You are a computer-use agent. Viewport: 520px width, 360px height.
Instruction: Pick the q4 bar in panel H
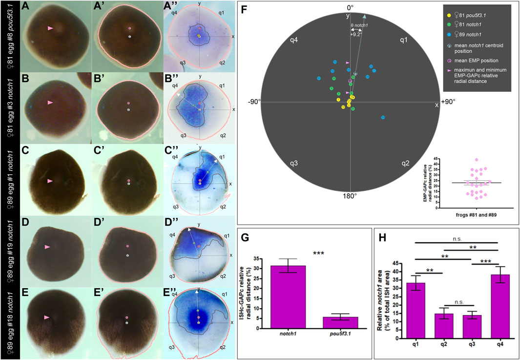coord(497,301)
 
